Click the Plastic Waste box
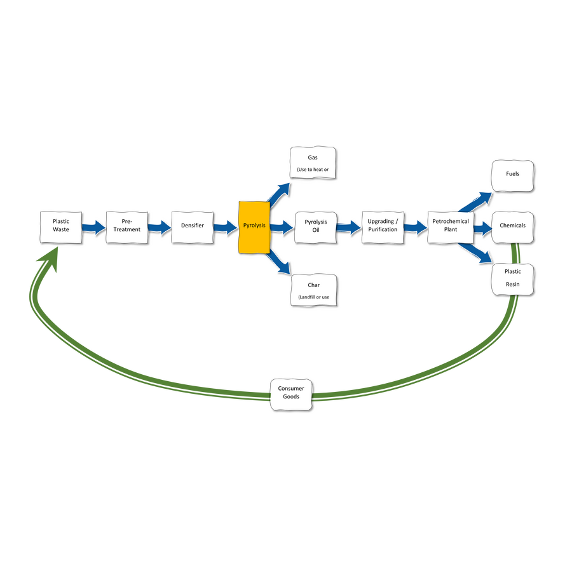click(x=61, y=226)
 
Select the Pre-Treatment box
click(x=126, y=226)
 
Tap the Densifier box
click(x=192, y=226)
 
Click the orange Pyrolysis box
click(x=254, y=227)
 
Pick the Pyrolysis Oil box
click(x=315, y=226)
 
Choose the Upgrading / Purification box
click(x=383, y=226)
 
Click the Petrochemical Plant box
click(x=450, y=226)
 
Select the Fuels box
click(x=512, y=174)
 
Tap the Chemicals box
click(x=512, y=226)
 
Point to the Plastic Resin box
click(x=512, y=278)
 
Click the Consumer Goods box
click(x=291, y=393)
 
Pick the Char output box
click(x=313, y=290)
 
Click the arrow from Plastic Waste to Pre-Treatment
click(x=94, y=227)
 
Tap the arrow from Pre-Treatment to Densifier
click(x=160, y=227)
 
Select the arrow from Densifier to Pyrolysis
click(x=226, y=227)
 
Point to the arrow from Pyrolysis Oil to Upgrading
click(x=348, y=227)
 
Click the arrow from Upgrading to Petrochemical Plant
click(x=416, y=227)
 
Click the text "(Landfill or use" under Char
click(x=313, y=297)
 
